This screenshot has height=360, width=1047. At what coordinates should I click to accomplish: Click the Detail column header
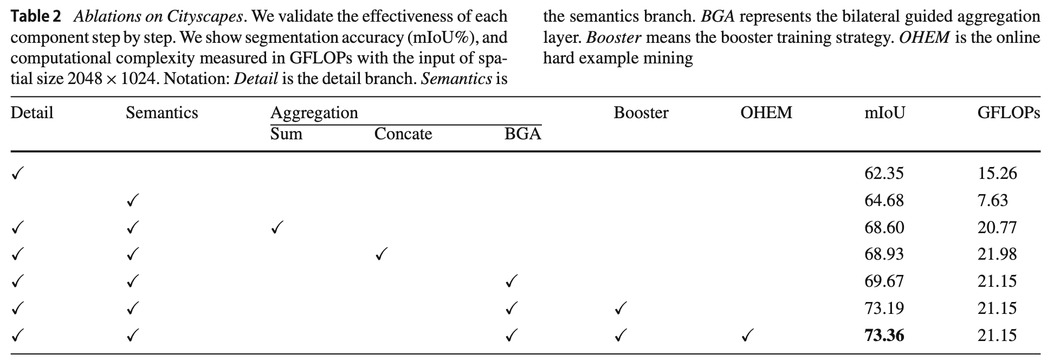tap(32, 113)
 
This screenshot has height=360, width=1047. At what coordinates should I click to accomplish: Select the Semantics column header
tap(161, 113)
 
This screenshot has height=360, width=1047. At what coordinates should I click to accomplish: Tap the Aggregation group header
tap(314, 113)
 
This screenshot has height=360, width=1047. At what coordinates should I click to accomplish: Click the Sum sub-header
tap(286, 134)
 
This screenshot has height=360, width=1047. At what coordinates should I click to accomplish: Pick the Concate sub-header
tap(403, 134)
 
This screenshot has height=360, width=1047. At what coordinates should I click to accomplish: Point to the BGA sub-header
tap(522, 134)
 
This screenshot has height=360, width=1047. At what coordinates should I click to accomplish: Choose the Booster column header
tap(641, 113)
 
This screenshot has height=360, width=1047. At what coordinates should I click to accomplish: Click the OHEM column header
tap(766, 113)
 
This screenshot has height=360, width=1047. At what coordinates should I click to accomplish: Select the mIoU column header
tap(884, 113)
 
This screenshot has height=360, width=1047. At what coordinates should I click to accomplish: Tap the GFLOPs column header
tap(1008, 113)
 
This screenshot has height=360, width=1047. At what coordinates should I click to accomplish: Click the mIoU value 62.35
tap(884, 173)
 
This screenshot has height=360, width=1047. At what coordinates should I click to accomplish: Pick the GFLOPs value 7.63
tap(993, 201)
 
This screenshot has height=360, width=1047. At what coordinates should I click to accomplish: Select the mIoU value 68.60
tap(884, 227)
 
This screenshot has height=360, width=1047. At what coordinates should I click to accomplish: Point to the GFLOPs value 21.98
tap(997, 254)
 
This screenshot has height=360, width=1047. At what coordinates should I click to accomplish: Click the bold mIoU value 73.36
tap(884, 336)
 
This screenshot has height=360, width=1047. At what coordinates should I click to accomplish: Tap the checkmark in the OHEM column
tap(747, 336)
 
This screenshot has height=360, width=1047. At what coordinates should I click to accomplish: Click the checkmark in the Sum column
tap(276, 228)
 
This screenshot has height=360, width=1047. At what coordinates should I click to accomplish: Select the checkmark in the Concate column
tap(381, 254)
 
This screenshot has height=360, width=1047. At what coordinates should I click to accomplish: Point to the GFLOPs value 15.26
tap(997, 173)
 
